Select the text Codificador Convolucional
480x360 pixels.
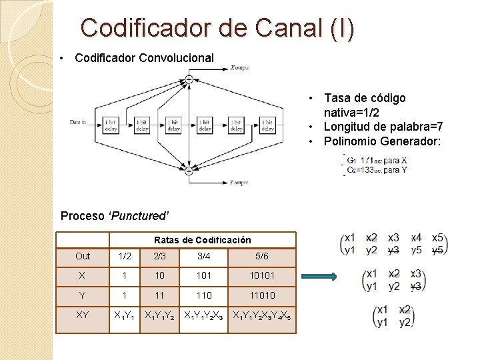[145, 58]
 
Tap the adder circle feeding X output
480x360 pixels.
[189, 79]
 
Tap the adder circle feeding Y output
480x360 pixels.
[189, 171]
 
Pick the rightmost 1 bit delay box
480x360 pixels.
[267, 125]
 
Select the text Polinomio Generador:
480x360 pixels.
[382, 141]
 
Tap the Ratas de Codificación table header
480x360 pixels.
[202, 240]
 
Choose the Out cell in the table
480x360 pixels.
[83, 257]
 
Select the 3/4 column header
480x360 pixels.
[204, 257]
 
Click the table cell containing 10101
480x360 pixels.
[261, 275]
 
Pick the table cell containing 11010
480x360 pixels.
[261, 295]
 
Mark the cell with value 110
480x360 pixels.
[204, 295]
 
